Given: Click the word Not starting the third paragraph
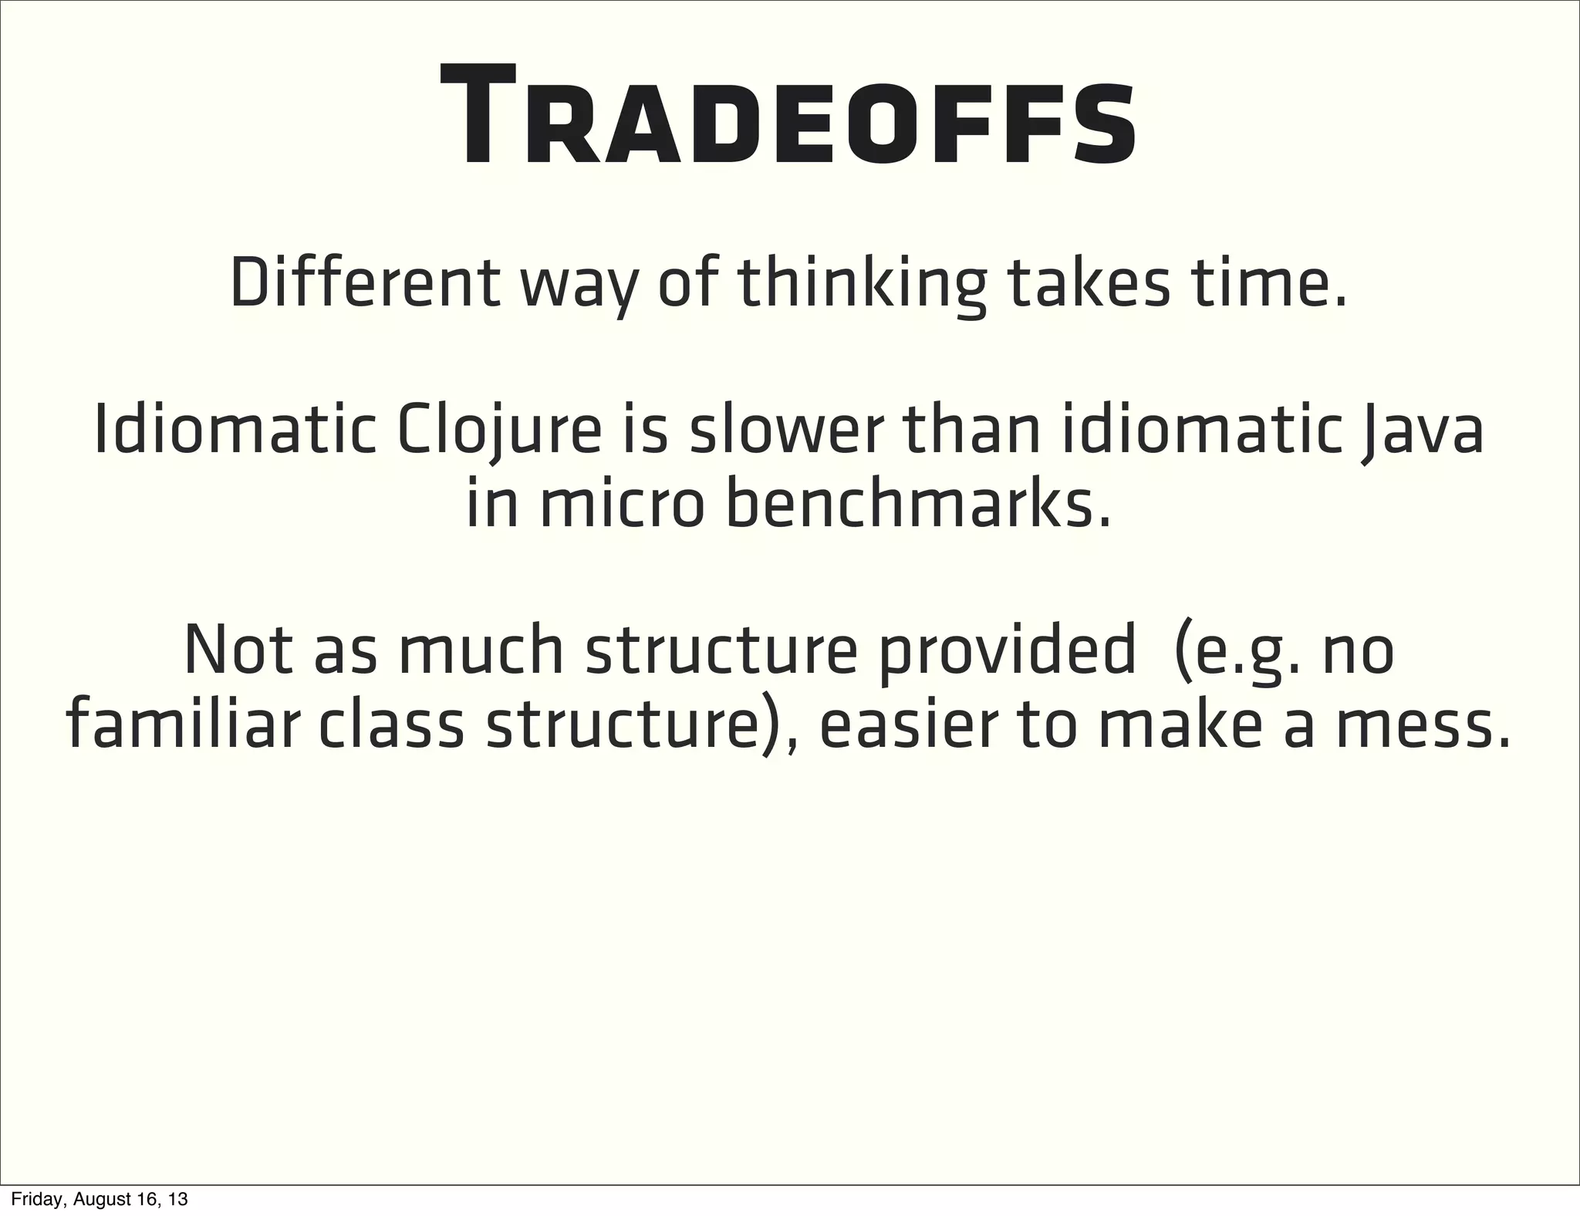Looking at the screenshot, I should coord(238,650).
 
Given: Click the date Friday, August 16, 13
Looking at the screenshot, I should coord(99,1200).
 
